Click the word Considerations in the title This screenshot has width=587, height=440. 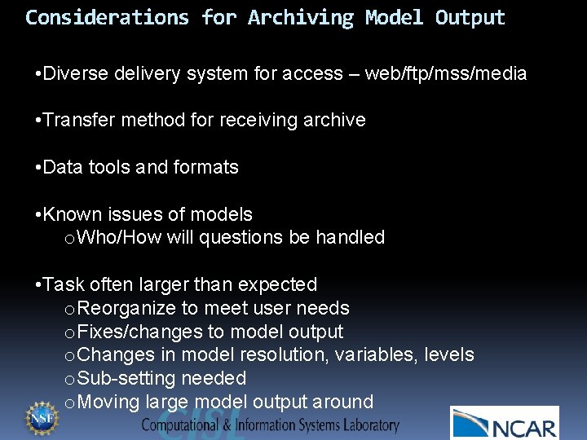[x=108, y=17]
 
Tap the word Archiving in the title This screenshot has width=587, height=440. [x=301, y=17]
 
